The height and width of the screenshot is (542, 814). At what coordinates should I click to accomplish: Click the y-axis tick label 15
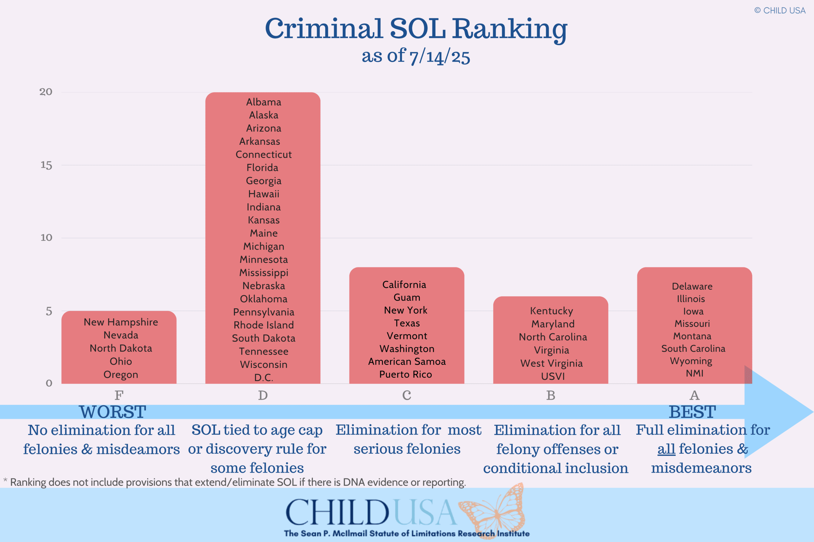tap(46, 165)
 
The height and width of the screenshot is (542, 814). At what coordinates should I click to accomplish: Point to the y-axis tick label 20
tap(46, 92)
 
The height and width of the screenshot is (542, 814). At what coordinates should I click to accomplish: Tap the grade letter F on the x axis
tap(119, 395)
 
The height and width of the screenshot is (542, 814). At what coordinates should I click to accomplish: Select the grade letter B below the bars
tap(551, 395)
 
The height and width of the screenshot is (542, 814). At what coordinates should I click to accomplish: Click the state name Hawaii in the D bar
tap(263, 194)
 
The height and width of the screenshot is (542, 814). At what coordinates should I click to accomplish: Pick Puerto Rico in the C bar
tap(406, 374)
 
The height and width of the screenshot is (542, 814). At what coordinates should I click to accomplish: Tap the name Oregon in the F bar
tap(121, 374)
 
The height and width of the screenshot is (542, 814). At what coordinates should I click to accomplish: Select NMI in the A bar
tap(694, 373)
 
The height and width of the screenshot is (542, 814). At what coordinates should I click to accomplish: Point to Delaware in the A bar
tap(692, 286)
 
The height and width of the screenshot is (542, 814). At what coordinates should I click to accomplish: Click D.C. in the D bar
tap(263, 378)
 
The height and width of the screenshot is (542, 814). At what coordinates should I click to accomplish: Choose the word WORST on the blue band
tap(113, 412)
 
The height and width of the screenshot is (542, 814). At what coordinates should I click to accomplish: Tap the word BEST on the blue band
tap(692, 412)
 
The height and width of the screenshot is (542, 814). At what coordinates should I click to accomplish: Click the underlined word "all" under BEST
tap(666, 449)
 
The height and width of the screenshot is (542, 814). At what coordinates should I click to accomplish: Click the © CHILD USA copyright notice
tap(780, 11)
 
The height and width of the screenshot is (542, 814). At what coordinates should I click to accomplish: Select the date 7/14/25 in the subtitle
tap(439, 56)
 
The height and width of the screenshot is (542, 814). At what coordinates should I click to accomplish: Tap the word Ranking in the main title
tap(509, 29)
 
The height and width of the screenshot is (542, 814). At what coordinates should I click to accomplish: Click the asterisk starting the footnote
tap(5, 480)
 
